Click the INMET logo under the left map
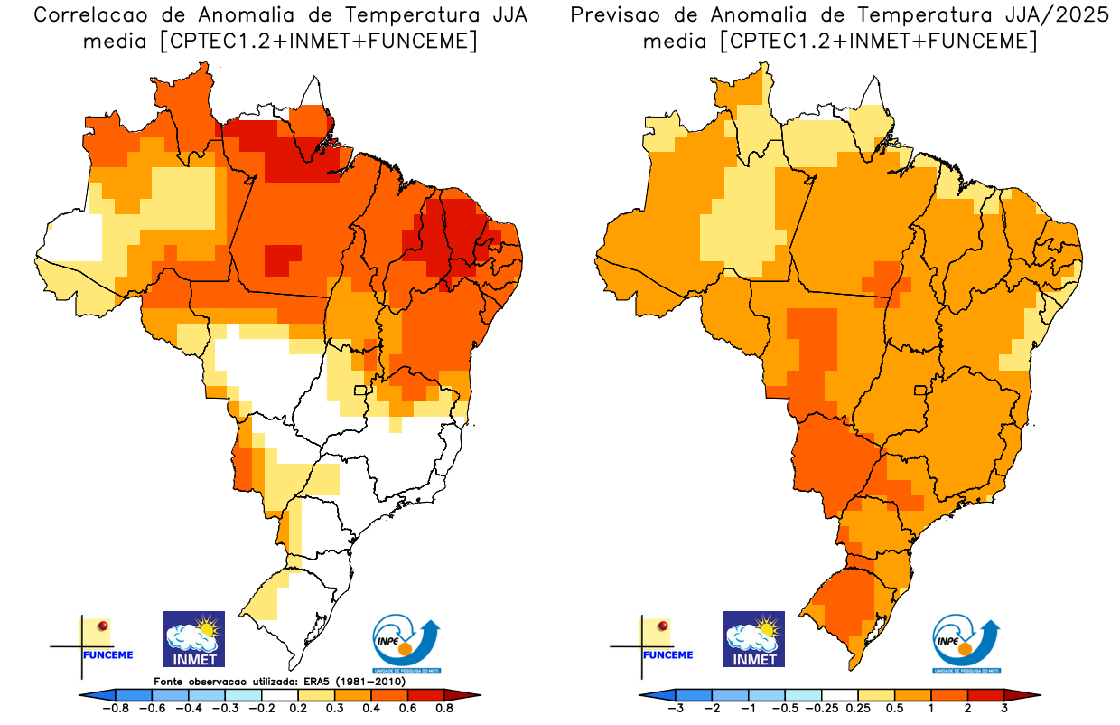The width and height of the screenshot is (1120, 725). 193,638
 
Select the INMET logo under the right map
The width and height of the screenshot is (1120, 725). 754,638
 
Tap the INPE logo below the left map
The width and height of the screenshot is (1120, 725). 408,644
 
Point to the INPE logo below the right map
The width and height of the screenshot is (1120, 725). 966,644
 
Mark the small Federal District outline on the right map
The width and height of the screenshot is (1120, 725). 921,391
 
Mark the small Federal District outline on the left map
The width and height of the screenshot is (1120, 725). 360,391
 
